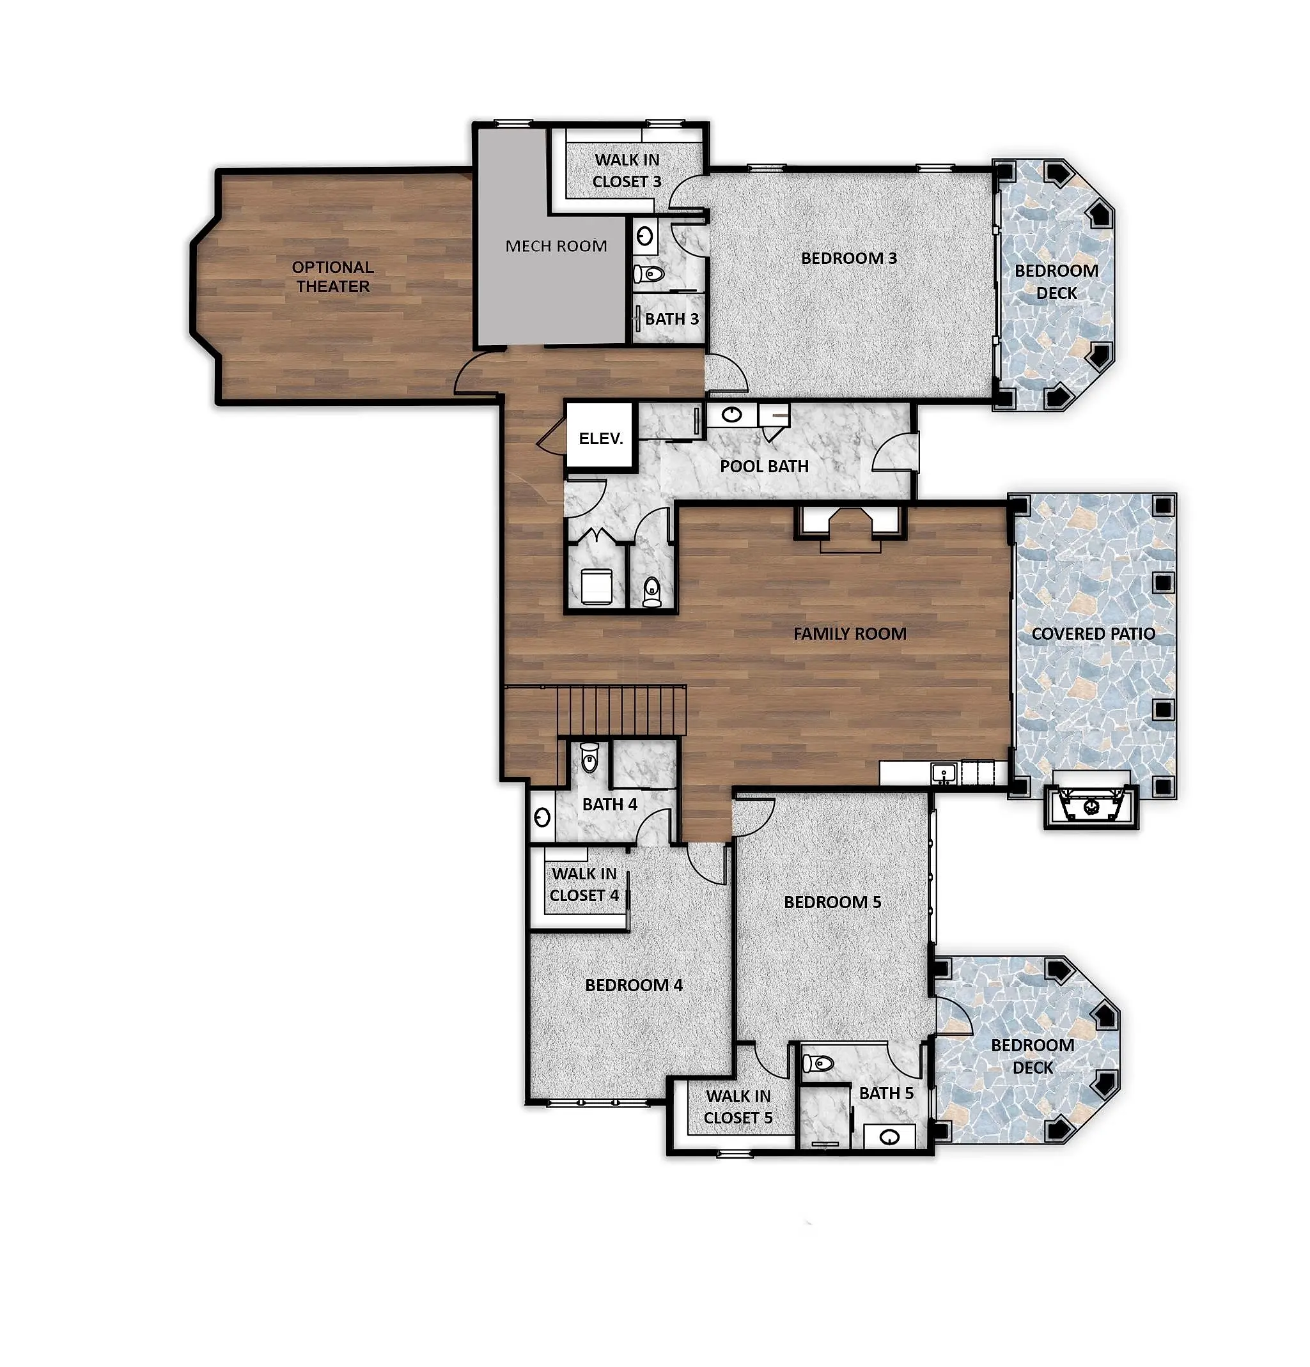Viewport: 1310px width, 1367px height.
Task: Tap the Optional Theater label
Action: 332,276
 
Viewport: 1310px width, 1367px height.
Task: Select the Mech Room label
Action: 556,245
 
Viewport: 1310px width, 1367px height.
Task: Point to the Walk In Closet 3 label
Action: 627,170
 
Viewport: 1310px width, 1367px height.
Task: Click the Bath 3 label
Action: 672,319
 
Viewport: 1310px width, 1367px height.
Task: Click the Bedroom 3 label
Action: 849,258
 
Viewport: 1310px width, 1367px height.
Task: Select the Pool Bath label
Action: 764,466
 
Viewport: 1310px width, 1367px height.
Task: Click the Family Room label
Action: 850,633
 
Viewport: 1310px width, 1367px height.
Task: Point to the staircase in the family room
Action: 620,710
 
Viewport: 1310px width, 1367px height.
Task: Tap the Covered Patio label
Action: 1093,633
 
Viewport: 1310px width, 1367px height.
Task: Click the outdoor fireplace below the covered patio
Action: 1091,807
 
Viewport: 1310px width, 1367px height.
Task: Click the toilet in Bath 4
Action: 589,758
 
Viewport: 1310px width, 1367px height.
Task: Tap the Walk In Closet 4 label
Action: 584,884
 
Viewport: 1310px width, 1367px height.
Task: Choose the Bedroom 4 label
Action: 634,985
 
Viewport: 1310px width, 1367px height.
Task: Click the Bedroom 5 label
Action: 832,902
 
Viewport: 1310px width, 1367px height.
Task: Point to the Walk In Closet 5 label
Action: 738,1107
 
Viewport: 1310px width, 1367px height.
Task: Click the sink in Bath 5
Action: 889,1138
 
